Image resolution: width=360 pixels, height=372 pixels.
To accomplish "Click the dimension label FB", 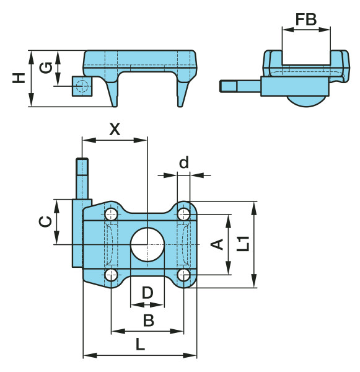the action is pos(306,19).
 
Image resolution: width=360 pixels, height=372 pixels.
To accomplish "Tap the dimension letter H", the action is pos(19,78).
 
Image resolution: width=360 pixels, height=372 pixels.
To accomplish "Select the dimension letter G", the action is pos(46,68).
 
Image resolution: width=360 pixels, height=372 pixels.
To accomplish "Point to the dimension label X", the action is pos(115,130).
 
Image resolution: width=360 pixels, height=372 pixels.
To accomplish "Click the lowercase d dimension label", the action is pos(184,162).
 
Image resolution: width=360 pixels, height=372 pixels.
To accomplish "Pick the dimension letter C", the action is pos(45,221).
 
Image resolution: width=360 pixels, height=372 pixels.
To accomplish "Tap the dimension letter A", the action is pos(217,244).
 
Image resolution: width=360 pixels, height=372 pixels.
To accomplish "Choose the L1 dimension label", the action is pos(244,244).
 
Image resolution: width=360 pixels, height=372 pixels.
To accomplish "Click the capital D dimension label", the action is pos(147,293).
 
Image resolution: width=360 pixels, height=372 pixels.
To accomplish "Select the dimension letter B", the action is pos(149,321).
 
